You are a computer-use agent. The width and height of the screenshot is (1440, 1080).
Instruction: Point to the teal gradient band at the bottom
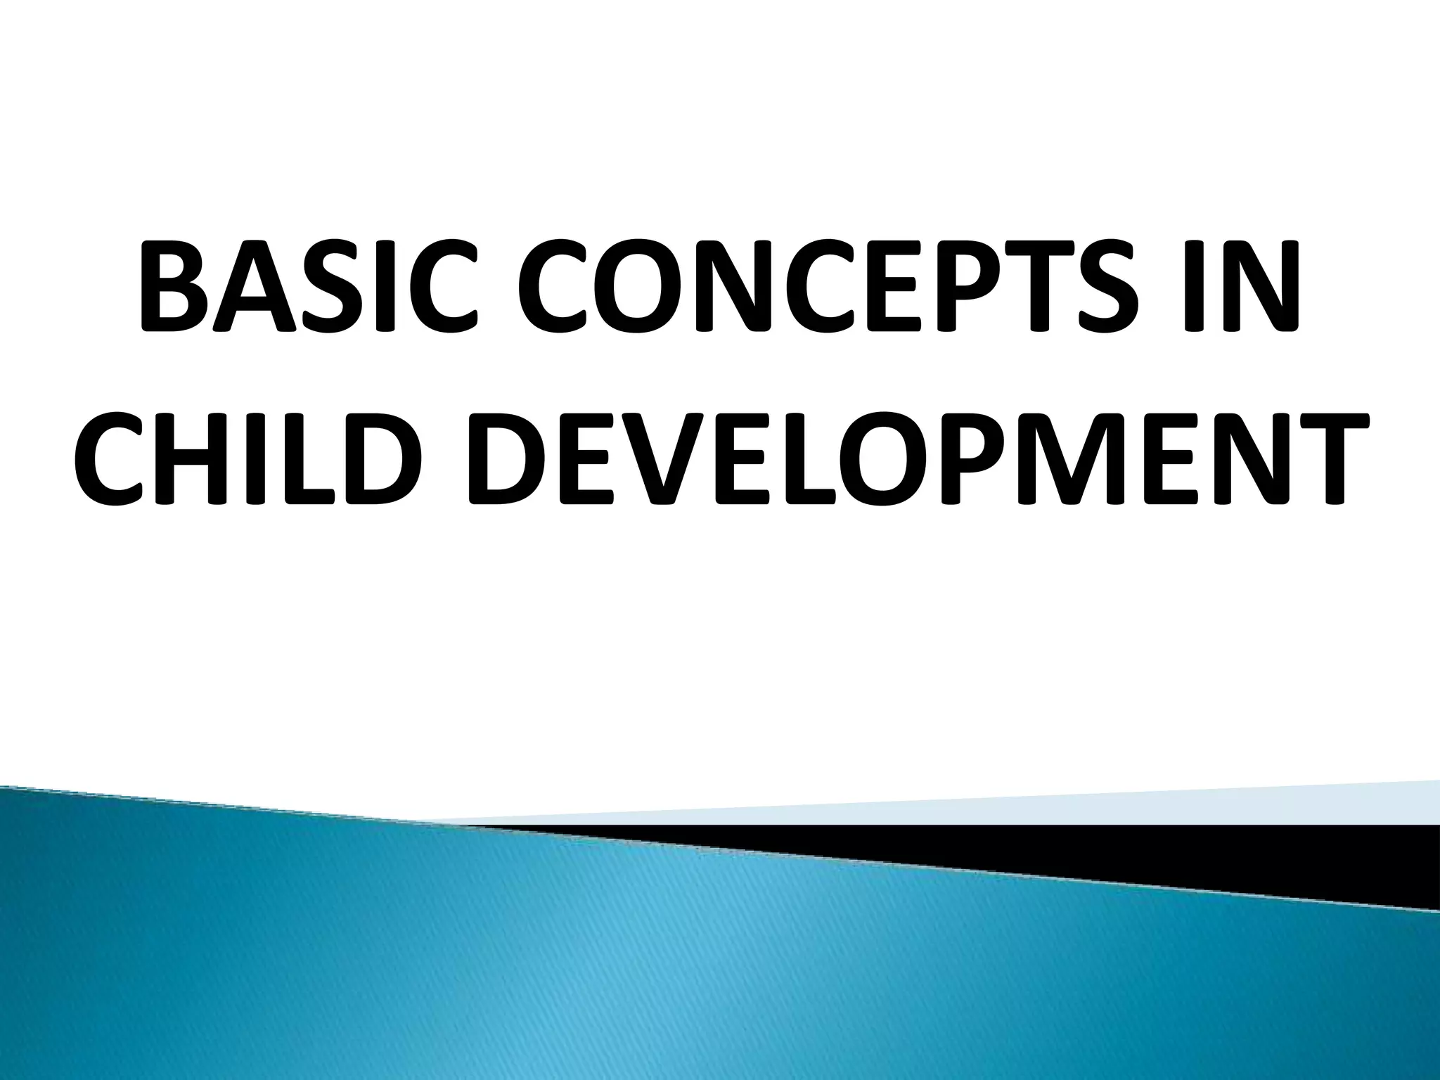coord(703,984)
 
